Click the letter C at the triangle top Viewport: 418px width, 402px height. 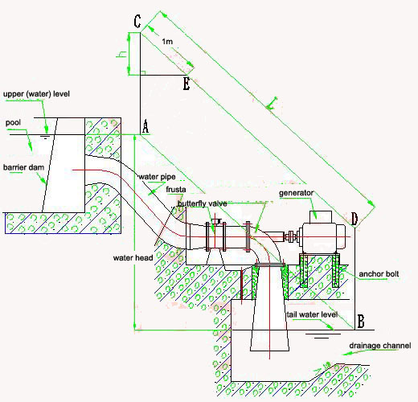137,22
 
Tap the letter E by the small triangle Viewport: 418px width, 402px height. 186,84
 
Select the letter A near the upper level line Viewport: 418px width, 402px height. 145,126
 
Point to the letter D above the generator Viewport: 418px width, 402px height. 354,219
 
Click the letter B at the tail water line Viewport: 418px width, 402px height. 361,322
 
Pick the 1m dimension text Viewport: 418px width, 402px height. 167,42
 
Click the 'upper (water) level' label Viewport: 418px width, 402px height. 36,94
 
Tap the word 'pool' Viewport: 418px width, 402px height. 13,123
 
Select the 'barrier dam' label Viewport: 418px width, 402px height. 23,167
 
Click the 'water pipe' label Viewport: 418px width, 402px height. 157,177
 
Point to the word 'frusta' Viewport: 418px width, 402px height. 176,190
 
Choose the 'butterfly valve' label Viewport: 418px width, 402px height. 203,203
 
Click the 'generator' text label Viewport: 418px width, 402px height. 296,193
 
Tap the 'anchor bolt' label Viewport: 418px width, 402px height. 379,274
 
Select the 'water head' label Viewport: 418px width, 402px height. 133,258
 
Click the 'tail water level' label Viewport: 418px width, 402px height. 312,314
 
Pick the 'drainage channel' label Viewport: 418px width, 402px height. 380,346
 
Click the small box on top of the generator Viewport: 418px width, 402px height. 321,217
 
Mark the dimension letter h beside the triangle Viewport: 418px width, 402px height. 121,55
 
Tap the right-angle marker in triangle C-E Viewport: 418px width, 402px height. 143,72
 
